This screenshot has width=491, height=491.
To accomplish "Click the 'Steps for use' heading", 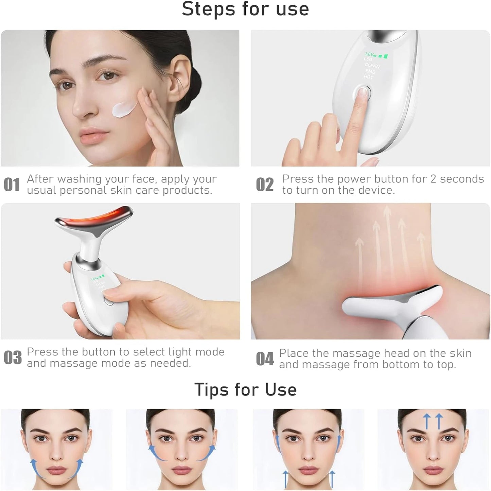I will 245,9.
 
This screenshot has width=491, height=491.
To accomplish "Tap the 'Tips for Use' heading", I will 245,389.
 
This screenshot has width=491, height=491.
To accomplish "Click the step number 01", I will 12,185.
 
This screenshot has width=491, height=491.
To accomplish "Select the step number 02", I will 265,185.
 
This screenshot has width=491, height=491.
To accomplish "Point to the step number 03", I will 13,358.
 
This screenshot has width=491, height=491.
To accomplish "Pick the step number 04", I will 265,359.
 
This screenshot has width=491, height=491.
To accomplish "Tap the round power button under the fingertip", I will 363,92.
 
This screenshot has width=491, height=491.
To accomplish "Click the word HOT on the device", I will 368,77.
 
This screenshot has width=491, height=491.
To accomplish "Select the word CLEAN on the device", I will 372,65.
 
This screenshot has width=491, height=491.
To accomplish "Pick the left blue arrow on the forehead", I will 425,421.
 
